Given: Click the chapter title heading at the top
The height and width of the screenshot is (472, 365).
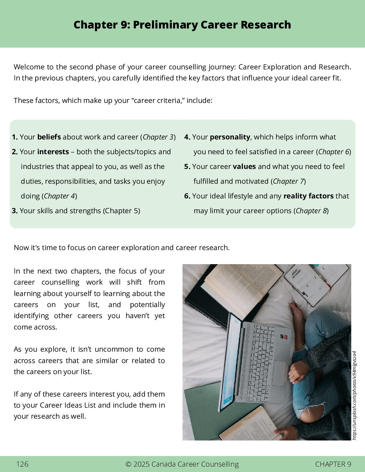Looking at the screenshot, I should coord(182,25).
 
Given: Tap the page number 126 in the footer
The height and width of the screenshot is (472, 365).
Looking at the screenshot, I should coord(22,464).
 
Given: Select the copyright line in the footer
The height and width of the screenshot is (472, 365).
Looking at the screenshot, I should coord(182,464).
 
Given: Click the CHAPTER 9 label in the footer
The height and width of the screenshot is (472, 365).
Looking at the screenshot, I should coord(333,464).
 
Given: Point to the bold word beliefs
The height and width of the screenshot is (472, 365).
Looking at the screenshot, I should coord(49,137).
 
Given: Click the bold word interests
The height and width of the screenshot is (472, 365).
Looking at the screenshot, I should coord(53,152).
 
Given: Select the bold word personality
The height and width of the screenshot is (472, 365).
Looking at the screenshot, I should coord(230,137).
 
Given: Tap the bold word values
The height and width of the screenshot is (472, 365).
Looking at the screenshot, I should coord(244,167).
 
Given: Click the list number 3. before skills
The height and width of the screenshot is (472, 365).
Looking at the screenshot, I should coord(15,211).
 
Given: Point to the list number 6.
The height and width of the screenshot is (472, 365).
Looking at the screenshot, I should coord(187,196).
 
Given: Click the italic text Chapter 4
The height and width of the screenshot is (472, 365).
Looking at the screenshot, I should coord(59,196).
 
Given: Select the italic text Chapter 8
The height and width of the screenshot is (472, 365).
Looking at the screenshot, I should coord(311,211).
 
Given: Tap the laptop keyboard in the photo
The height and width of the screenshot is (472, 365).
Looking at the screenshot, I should coord(261,355).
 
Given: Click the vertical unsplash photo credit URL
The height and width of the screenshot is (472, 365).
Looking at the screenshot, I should coord(355,396).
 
